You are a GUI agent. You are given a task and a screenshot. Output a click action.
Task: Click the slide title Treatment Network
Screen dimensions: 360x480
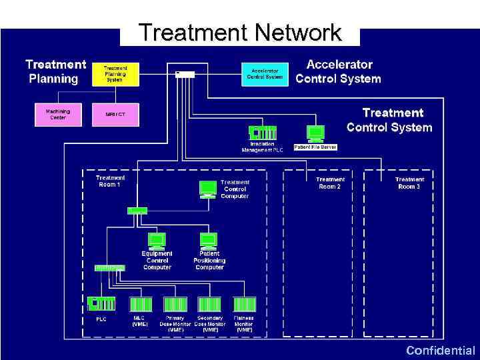point(239,33)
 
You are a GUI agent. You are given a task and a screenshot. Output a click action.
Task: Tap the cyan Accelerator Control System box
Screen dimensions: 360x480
point(265,73)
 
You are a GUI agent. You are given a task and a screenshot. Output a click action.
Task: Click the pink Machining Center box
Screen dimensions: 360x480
point(58,114)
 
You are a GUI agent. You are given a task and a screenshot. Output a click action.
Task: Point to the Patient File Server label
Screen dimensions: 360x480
point(315,147)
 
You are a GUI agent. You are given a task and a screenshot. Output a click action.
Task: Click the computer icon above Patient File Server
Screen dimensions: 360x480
point(315,133)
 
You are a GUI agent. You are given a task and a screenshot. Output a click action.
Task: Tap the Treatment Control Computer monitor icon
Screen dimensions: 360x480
point(209,190)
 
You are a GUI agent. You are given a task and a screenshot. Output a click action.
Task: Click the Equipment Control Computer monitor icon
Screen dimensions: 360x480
point(156,240)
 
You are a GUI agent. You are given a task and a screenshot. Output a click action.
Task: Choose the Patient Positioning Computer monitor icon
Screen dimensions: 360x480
point(209,240)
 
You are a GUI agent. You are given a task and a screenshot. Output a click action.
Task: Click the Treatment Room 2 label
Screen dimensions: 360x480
point(330,183)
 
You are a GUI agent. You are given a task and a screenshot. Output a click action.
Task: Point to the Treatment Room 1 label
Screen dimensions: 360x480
point(110,181)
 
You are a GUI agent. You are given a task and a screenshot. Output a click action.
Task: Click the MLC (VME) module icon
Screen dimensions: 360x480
point(141,304)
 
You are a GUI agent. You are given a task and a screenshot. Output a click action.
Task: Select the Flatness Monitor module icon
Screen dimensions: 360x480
point(244,304)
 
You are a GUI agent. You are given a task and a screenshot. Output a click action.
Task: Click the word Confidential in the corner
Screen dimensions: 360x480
point(440,351)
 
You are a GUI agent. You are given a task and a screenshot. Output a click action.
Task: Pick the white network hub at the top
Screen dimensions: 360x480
point(185,74)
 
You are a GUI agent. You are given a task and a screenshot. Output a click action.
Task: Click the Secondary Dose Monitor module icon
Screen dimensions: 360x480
point(210,304)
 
